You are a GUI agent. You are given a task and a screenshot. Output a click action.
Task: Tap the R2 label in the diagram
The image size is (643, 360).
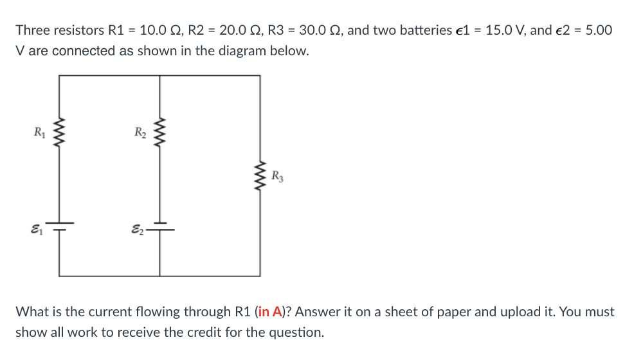coord(140,134)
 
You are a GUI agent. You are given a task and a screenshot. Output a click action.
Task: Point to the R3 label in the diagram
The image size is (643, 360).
coord(276,175)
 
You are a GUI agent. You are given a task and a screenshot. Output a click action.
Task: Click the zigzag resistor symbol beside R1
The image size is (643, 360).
coord(60,134)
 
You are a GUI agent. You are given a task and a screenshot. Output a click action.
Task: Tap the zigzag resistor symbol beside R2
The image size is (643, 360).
coord(160,134)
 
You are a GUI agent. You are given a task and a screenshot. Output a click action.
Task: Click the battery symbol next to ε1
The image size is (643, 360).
coord(60,226)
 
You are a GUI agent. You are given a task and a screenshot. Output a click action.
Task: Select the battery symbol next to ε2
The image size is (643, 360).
coord(160,226)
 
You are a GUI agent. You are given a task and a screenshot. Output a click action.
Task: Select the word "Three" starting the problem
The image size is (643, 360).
coord(32,30)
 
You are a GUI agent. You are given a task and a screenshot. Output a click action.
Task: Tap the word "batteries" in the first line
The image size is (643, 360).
coord(425,30)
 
